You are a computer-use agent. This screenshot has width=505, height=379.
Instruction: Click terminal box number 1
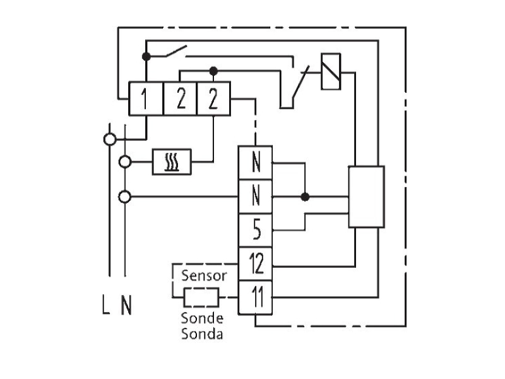click(146, 99)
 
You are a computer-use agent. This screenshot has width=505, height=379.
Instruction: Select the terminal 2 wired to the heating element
click(213, 99)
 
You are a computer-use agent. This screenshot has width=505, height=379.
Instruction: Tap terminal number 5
click(256, 230)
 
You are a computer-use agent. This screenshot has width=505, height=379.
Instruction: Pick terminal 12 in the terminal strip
click(256, 264)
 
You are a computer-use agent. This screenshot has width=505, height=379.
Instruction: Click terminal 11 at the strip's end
click(256, 298)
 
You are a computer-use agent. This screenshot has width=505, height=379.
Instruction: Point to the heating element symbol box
click(172, 162)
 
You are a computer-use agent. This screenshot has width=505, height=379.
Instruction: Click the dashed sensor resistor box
click(201, 298)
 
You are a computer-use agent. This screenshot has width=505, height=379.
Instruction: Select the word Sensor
click(204, 276)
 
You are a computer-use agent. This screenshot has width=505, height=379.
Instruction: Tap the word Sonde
click(202, 318)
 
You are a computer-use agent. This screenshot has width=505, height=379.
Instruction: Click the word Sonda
click(202, 334)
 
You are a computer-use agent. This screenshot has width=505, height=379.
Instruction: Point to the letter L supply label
click(106, 304)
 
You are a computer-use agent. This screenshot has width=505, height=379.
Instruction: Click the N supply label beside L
click(127, 305)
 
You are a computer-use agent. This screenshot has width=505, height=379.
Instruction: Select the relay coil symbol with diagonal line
click(331, 71)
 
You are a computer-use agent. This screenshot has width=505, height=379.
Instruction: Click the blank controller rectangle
click(367, 197)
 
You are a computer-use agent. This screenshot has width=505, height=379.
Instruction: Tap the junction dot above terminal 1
click(146, 57)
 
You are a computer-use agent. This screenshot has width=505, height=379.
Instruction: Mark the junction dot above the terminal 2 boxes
click(213, 71)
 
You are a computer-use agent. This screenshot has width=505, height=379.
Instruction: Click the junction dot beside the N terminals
click(305, 196)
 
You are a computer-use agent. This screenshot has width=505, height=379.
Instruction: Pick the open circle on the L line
click(110, 140)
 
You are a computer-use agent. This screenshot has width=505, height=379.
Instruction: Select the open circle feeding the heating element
click(125, 162)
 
